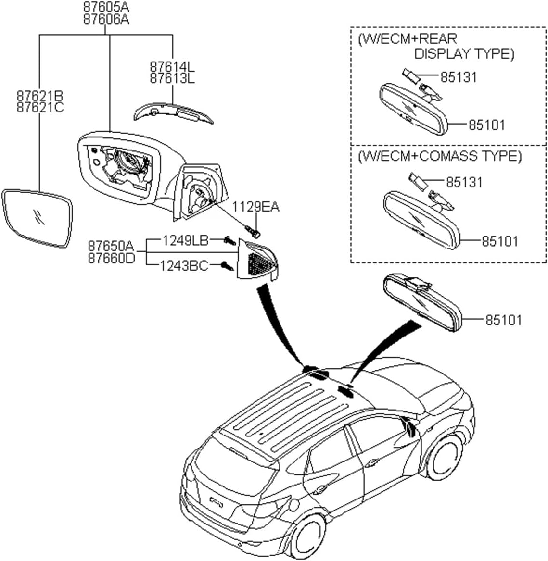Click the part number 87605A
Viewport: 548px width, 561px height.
tap(106, 7)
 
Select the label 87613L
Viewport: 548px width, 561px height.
tap(172, 78)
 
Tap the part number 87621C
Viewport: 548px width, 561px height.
tap(40, 107)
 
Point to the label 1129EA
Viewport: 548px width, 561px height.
tap(255, 207)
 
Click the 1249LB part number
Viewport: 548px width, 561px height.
tap(185, 240)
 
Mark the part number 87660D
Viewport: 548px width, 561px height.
tap(111, 258)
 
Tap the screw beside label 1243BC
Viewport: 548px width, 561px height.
tap(227, 265)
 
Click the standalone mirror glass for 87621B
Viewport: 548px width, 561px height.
tap(38, 218)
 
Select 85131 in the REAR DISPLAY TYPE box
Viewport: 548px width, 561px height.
tap(459, 77)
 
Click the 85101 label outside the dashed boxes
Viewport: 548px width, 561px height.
tap(503, 320)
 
